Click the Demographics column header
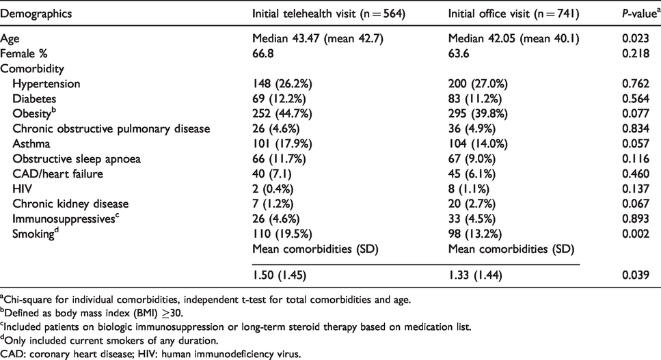(x=36, y=14)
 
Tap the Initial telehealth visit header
(x=329, y=14)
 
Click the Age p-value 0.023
(x=636, y=39)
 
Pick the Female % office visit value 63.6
(x=459, y=54)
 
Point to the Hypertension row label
(x=46, y=84)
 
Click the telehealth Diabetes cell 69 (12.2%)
(x=279, y=99)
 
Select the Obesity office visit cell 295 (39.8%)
(x=478, y=114)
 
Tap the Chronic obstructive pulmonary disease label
(x=111, y=129)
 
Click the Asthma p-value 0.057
(x=636, y=144)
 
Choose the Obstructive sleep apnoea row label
(x=77, y=159)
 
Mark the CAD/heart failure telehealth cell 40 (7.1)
(x=272, y=174)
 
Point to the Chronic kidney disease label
(x=70, y=204)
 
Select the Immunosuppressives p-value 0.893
(x=636, y=219)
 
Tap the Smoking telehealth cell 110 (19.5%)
(x=282, y=234)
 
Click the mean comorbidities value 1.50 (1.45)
(x=279, y=275)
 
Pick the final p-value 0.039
(x=636, y=275)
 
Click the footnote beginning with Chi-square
(x=205, y=300)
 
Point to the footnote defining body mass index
(x=92, y=314)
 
